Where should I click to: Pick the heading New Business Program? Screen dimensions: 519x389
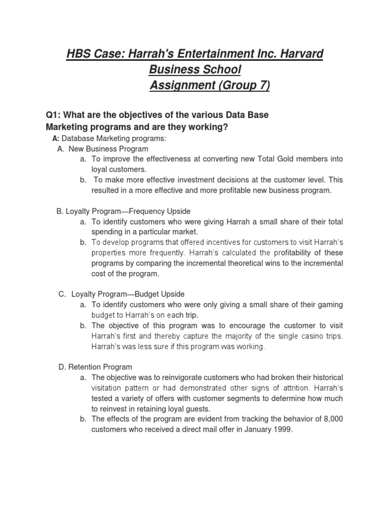108,149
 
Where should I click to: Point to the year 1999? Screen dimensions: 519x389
282,430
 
